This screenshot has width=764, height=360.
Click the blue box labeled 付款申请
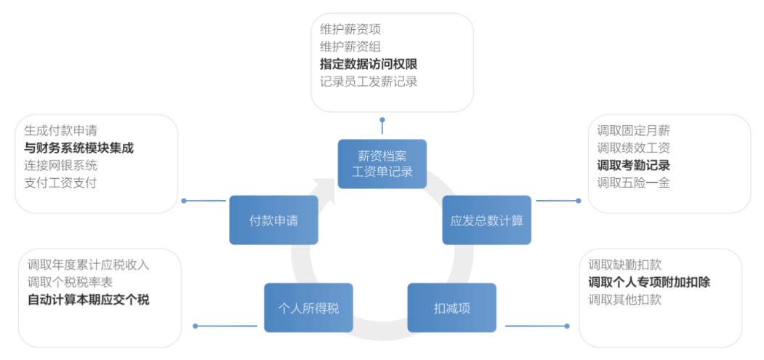click(x=273, y=220)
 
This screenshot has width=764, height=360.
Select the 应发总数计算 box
click(x=486, y=220)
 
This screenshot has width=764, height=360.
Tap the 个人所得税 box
click(x=308, y=308)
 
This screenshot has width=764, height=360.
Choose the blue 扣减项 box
click(x=451, y=308)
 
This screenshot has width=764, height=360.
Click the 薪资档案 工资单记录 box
click(x=382, y=164)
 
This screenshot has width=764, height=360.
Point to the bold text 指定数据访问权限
click(x=369, y=64)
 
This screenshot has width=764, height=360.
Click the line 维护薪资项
click(x=350, y=29)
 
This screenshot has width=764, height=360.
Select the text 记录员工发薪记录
click(x=369, y=81)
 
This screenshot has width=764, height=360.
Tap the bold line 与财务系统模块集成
click(x=79, y=148)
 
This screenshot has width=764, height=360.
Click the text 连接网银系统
click(x=60, y=165)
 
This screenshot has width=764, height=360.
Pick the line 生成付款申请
click(x=60, y=130)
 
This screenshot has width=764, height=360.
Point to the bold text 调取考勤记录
click(x=633, y=165)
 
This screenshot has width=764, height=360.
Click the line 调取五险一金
click(x=633, y=183)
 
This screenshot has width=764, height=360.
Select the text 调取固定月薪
click(x=633, y=130)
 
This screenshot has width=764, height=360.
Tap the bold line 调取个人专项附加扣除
click(x=649, y=282)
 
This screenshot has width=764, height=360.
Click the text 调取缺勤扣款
click(x=624, y=265)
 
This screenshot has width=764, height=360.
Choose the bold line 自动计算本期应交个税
click(x=88, y=300)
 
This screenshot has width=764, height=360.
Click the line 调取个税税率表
click(x=70, y=282)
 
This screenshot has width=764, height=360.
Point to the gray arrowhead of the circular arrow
click(x=325, y=188)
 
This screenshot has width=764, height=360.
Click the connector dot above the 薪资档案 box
click(x=382, y=119)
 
